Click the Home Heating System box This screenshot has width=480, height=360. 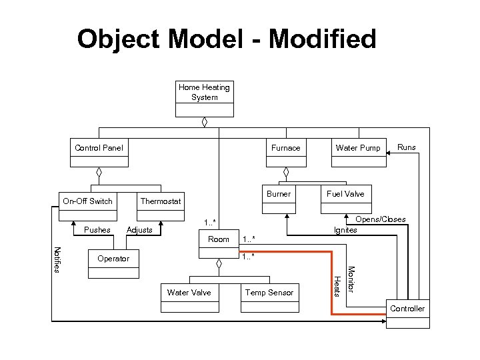(x=204, y=97)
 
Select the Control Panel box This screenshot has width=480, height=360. (x=98, y=153)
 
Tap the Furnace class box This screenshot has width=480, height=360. (x=285, y=153)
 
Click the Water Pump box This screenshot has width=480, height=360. (x=358, y=153)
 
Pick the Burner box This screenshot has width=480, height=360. (x=279, y=199)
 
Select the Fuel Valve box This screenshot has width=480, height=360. (x=345, y=199)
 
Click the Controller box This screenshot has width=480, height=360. (x=407, y=313)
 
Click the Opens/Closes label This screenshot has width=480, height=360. (x=381, y=219)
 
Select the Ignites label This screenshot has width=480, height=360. (x=345, y=230)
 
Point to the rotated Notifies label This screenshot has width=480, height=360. (x=57, y=259)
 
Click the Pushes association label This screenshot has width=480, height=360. (x=97, y=230)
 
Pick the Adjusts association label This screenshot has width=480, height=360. (x=139, y=230)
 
